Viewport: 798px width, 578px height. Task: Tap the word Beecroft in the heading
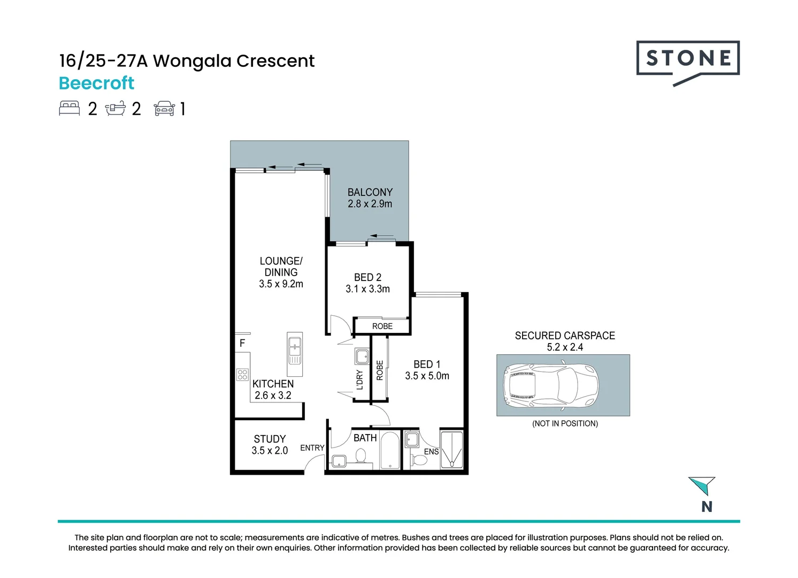[x=96, y=83]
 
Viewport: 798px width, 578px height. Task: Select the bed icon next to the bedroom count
[x=69, y=108]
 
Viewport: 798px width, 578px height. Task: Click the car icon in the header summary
[x=164, y=109]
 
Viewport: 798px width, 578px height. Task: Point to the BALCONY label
[x=370, y=192]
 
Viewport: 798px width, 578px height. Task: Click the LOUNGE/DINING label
[x=281, y=267]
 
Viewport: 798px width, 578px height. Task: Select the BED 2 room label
[x=367, y=277]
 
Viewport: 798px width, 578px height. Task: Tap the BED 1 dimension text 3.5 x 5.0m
[x=427, y=376]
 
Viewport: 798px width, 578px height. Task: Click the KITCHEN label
[x=273, y=384]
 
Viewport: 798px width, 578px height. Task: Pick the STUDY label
[x=270, y=439]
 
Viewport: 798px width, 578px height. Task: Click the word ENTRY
[x=312, y=447]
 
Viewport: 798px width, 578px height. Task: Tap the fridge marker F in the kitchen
[x=242, y=343]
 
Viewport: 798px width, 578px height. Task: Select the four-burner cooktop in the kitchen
[x=242, y=375]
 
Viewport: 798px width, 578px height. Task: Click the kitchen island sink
[x=294, y=349]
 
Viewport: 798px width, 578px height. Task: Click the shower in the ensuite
[x=451, y=450]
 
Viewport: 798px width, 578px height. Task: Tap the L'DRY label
[x=359, y=379]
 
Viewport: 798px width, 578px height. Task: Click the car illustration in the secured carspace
[x=551, y=385]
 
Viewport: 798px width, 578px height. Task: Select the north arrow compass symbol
[x=703, y=485]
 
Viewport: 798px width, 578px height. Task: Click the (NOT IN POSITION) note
[x=565, y=423]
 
